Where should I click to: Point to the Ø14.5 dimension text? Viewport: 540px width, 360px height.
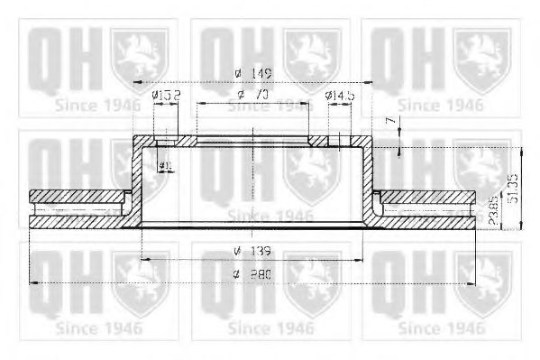340,94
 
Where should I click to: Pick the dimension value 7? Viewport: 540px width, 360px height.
389,120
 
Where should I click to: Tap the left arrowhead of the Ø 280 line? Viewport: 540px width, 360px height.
32,283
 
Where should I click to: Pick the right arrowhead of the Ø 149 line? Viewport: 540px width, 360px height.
369,82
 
